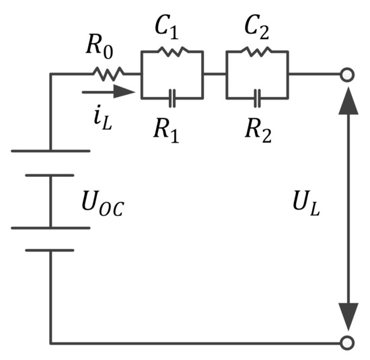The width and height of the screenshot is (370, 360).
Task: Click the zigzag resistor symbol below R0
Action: pos(108,73)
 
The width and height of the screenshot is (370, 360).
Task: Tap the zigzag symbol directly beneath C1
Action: pos(172,51)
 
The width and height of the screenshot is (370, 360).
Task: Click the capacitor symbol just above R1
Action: pos(172,98)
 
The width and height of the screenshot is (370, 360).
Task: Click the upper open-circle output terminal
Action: pos(346,74)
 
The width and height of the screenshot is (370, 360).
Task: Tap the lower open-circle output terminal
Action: pos(346,343)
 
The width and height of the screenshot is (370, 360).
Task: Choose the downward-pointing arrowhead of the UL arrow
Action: pos(346,317)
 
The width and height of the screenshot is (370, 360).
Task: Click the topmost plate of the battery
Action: pos(50,151)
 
